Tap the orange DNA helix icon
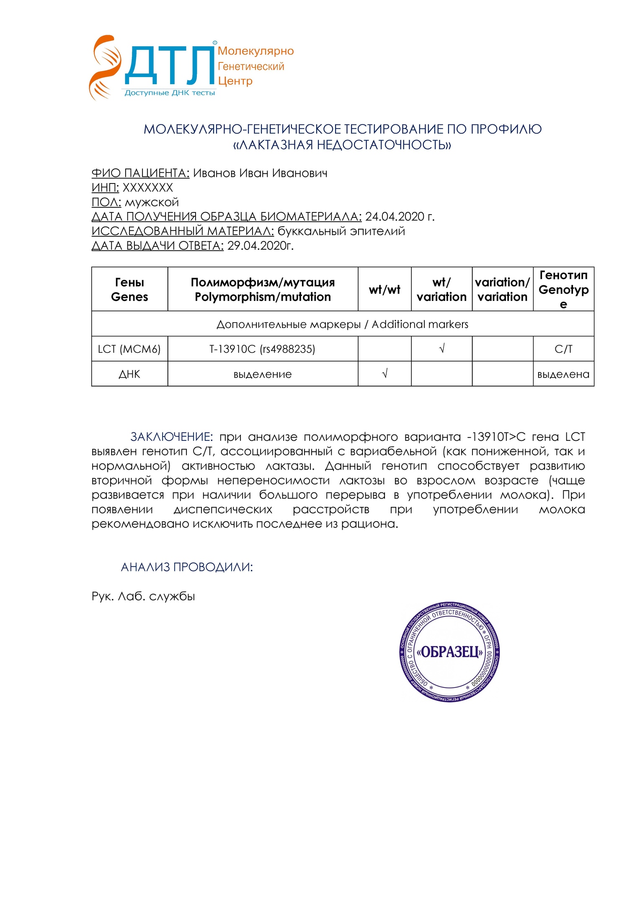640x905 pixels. [x=103, y=67]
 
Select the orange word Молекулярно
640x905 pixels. [x=255, y=51]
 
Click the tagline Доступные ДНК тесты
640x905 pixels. [x=170, y=93]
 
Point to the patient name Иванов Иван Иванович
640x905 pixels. [x=260, y=173]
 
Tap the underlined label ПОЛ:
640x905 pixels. [x=106, y=202]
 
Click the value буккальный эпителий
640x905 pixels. [x=341, y=231]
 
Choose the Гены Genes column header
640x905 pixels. [x=129, y=290]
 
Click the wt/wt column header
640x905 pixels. [x=385, y=290]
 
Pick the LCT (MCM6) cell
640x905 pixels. [x=129, y=349]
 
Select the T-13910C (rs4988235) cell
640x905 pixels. [x=262, y=349]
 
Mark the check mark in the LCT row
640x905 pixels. [x=441, y=349]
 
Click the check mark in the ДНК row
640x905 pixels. [x=385, y=373]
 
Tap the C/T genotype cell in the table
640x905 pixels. [x=563, y=349]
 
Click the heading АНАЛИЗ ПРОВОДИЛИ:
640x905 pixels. [x=187, y=567]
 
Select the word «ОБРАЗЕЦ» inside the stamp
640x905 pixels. [x=449, y=652]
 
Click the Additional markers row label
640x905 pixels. [x=342, y=324]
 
